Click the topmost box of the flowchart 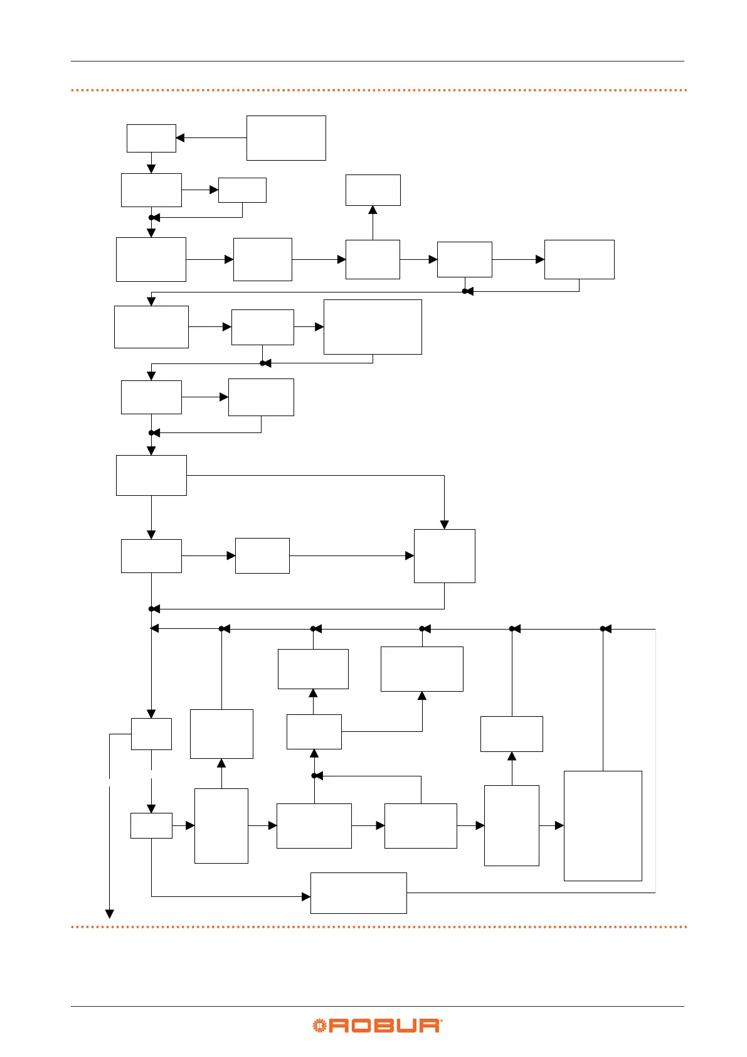[286, 138]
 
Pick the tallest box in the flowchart [603, 825]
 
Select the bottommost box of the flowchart [358, 893]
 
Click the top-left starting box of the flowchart [151, 138]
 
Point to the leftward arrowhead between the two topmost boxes [180, 138]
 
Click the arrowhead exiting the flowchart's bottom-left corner [109, 914]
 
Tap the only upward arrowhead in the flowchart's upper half [373, 210]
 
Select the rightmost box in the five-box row [579, 259]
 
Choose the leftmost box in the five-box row [151, 259]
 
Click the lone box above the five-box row [373, 190]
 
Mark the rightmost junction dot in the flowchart [603, 628]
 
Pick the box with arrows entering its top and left [444, 555]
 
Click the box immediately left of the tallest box [511, 825]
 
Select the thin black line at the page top [377, 61]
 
